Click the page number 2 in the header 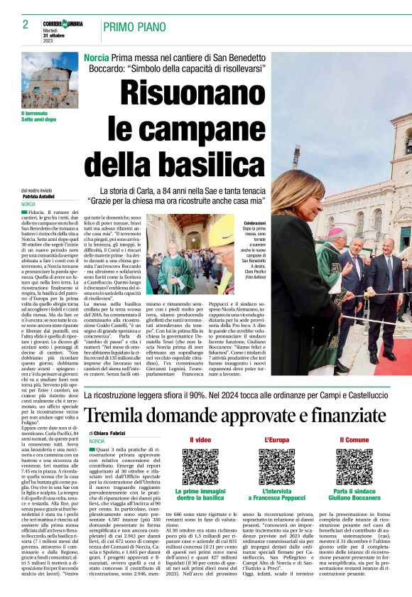(26, 24)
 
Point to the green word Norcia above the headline (96, 56)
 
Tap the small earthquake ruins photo (48, 80)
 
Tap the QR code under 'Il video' (200, 466)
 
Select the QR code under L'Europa (277, 466)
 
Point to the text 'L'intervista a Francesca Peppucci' (277, 495)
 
